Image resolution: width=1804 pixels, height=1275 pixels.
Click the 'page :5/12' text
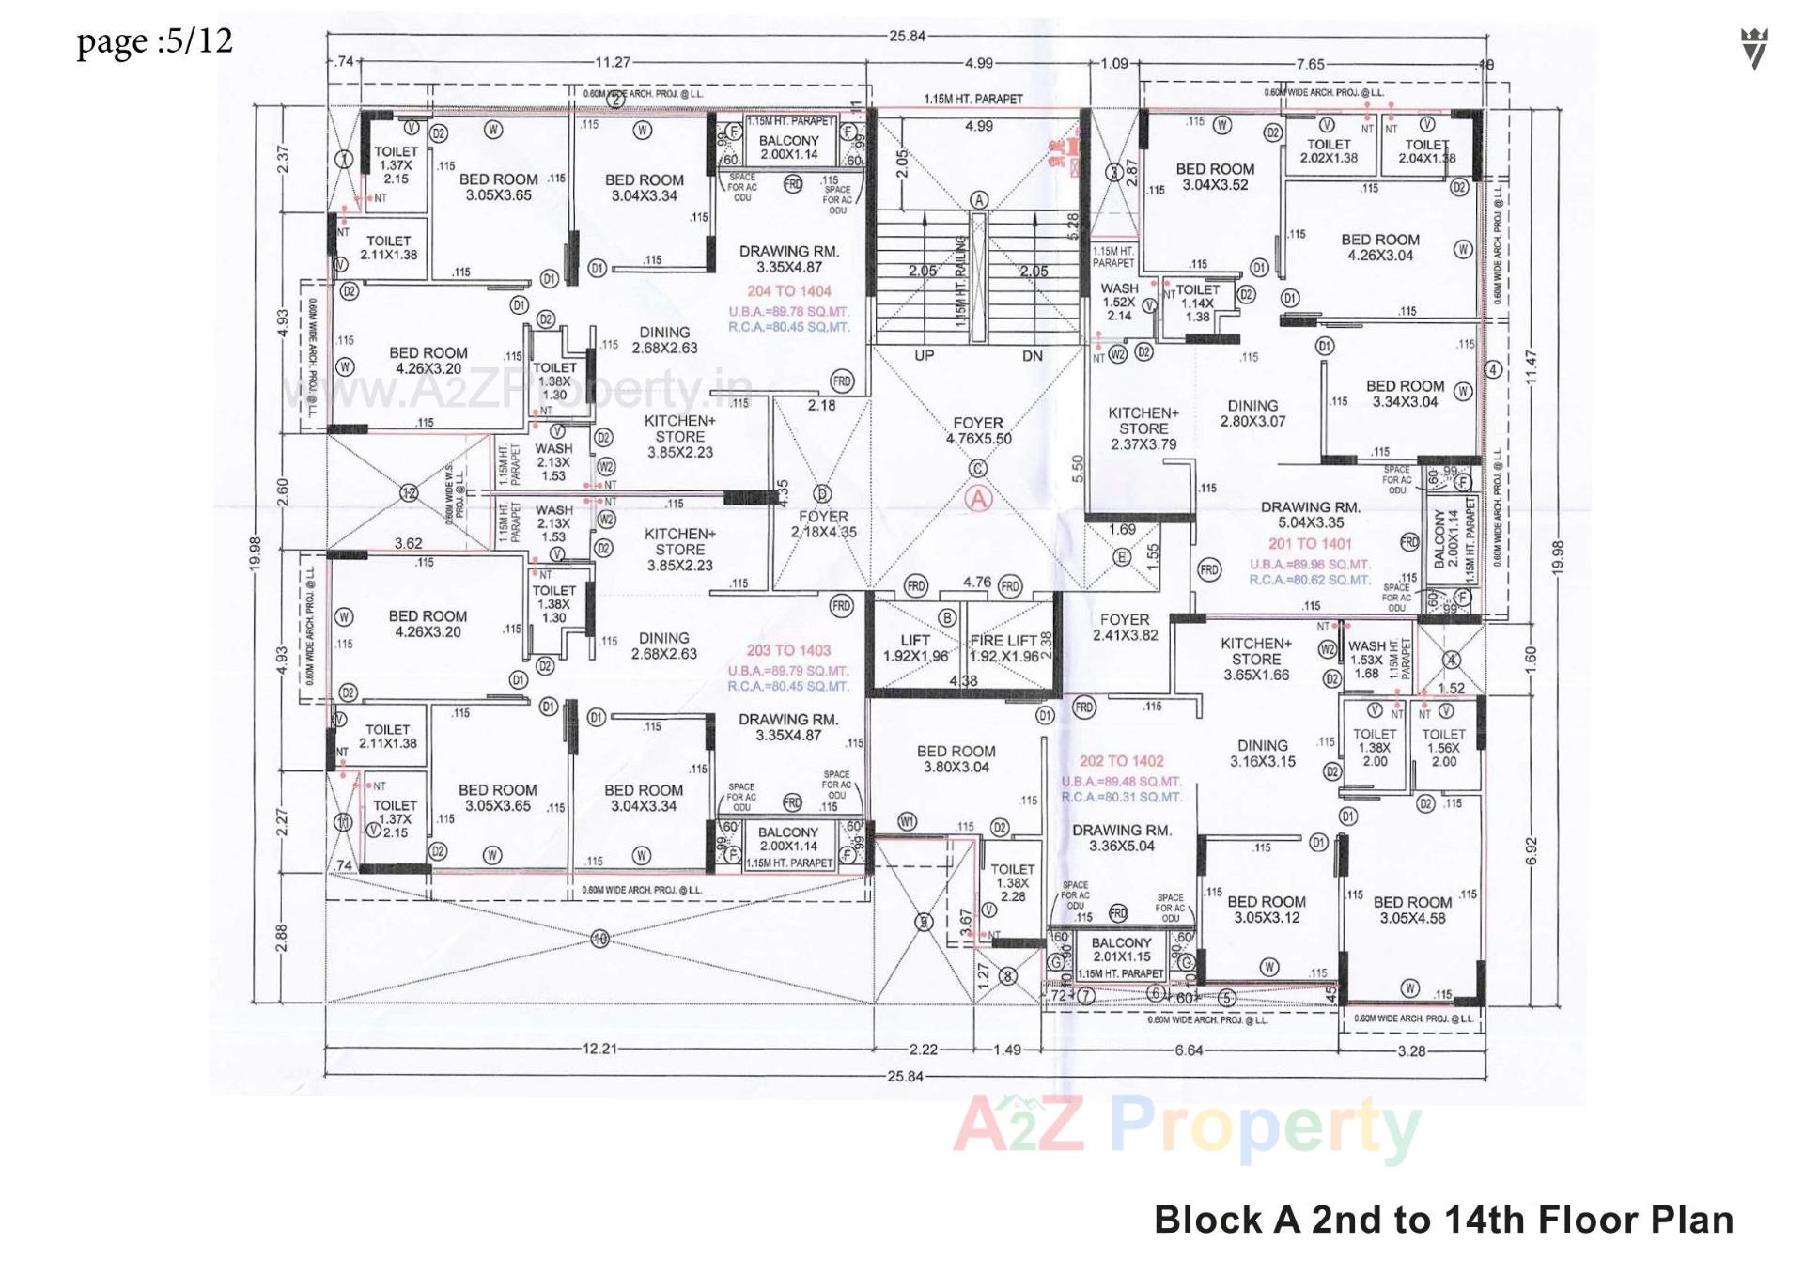tap(154, 41)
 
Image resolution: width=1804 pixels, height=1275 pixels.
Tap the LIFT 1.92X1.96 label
tap(915, 647)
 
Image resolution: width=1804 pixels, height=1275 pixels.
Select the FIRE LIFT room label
tap(1003, 647)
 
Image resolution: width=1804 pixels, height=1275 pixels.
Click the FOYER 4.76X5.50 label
tap(978, 430)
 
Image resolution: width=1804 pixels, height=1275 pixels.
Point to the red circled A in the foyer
tap(979, 499)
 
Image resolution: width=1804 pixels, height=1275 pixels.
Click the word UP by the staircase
tap(925, 355)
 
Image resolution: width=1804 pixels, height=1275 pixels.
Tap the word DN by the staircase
tap(1033, 355)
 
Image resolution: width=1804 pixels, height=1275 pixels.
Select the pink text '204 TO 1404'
tap(789, 291)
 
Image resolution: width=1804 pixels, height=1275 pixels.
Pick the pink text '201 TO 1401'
tap(1310, 544)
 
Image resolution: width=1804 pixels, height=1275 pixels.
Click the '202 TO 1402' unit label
tap(1121, 761)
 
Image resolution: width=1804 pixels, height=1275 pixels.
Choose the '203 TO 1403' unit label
tap(788, 650)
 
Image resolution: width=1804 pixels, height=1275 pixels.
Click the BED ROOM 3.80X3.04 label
tap(956, 758)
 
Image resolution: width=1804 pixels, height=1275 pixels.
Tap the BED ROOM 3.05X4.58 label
tap(1412, 910)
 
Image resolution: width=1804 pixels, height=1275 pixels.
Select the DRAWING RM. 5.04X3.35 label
tap(1310, 514)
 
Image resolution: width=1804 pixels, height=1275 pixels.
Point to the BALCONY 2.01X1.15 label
tap(1121, 949)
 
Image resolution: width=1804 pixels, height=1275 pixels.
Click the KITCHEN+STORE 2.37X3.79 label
tap(1143, 428)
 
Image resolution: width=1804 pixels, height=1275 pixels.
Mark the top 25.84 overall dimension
tap(906, 37)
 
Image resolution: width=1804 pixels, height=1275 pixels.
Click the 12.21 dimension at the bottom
tap(599, 1049)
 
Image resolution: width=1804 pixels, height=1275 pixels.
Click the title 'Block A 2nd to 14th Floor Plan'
tap(1443, 1220)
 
